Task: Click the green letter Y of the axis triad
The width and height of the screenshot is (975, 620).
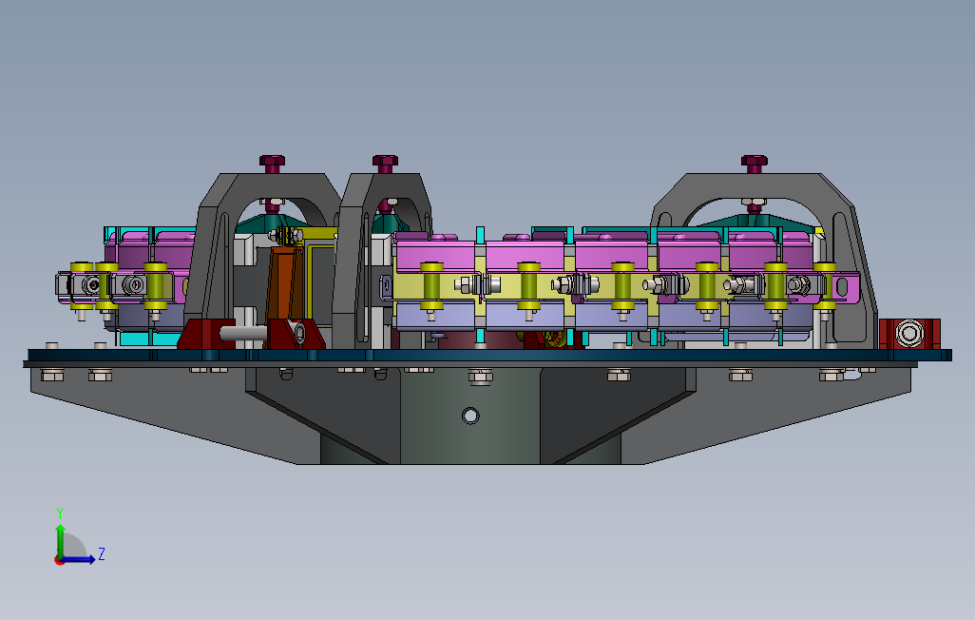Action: pyautogui.click(x=60, y=513)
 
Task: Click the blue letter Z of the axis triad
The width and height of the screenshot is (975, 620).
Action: pyautogui.click(x=102, y=554)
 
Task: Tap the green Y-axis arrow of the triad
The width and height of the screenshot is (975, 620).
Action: pyautogui.click(x=60, y=541)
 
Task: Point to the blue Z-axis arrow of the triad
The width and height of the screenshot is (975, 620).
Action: pyautogui.click(x=76, y=559)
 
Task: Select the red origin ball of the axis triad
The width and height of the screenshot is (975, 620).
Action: pyautogui.click(x=59, y=560)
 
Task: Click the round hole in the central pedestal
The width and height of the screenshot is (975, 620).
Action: pyautogui.click(x=470, y=416)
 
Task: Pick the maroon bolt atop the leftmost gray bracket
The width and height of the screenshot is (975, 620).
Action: pyautogui.click(x=272, y=164)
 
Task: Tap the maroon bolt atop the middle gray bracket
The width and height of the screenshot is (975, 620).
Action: pyautogui.click(x=385, y=164)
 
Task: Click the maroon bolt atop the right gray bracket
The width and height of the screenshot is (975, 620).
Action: pyautogui.click(x=755, y=164)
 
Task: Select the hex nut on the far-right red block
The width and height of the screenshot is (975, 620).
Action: pyautogui.click(x=909, y=333)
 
